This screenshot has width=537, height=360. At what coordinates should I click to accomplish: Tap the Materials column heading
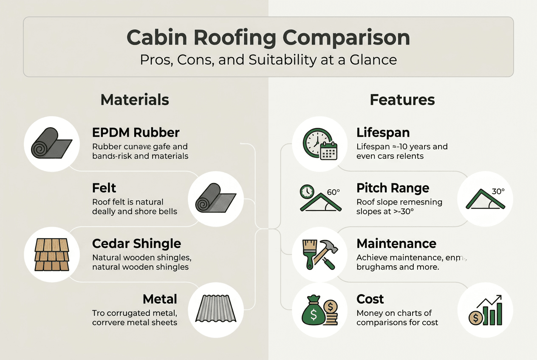point(135,100)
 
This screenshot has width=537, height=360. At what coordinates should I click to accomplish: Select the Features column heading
point(402,100)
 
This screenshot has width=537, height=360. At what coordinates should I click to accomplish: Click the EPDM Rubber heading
point(136,132)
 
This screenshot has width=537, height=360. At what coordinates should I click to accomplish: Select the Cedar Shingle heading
point(136,244)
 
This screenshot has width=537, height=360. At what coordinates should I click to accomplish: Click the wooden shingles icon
point(52,255)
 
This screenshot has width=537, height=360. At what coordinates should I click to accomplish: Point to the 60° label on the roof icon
point(334,192)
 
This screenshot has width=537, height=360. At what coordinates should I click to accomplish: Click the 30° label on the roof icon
point(498,191)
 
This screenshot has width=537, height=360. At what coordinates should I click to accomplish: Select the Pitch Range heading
point(393,188)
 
